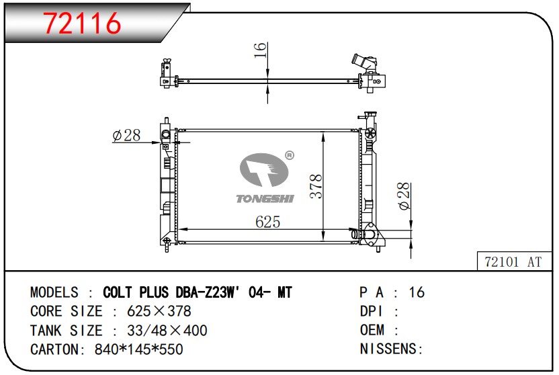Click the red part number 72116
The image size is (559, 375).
[x=82, y=23]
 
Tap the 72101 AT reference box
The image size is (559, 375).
[x=514, y=261]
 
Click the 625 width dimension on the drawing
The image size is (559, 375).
[x=267, y=222]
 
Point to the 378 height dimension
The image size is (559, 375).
[x=316, y=186]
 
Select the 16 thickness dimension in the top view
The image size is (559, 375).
[x=260, y=50]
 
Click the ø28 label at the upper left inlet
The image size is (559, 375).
[x=126, y=135]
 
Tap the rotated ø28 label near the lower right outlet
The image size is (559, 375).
[x=404, y=196]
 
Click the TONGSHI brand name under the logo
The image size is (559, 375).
[x=265, y=198]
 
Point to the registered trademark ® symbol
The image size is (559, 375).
[x=290, y=155]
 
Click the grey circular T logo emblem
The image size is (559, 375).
[x=264, y=169]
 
